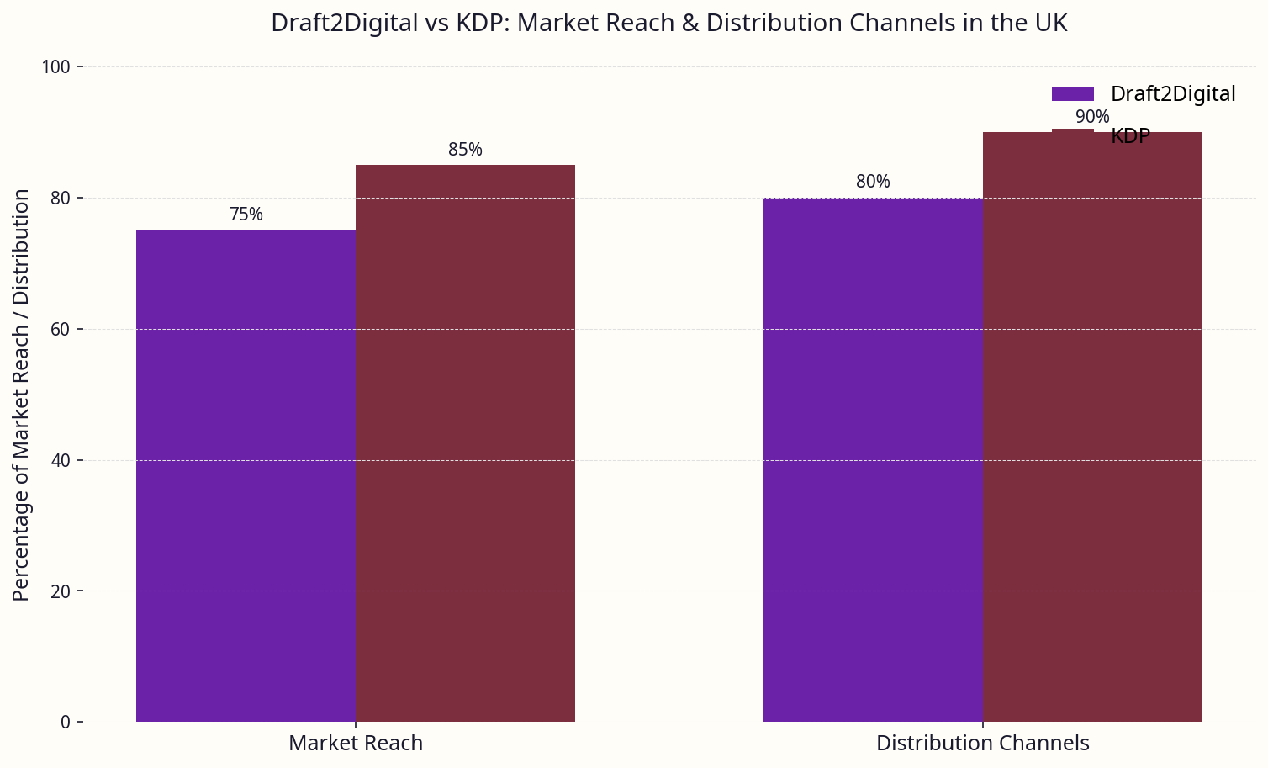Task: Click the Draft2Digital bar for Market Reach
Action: click(246, 476)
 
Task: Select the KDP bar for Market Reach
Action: click(465, 443)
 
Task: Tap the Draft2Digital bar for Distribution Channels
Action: click(873, 459)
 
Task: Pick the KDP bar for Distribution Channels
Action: click(1092, 426)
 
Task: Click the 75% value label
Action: click(246, 215)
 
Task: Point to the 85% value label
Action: click(465, 150)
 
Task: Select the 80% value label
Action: click(873, 182)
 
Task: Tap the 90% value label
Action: click(1092, 117)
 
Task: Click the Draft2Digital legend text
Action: click(1173, 94)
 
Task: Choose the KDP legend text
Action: click(1130, 136)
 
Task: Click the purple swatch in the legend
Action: click(1072, 94)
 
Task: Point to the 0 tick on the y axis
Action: click(66, 723)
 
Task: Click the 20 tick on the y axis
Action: click(61, 591)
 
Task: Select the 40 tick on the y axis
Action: click(61, 461)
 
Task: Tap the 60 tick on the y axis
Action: click(61, 330)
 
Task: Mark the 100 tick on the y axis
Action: click(56, 67)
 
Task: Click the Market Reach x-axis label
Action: click(356, 744)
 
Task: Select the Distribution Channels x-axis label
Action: click(983, 744)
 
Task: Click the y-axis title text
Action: click(22, 395)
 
